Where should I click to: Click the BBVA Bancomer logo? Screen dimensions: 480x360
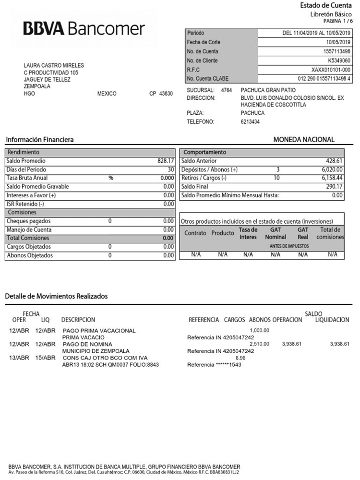coord(84,29)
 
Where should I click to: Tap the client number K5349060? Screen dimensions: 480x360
coord(339,60)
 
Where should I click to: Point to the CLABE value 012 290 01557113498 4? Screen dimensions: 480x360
coord(324,78)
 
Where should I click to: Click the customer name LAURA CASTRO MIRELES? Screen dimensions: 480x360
coord(54,66)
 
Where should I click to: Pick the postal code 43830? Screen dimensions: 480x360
coord(166,94)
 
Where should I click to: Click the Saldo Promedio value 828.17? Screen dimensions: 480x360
coord(165,161)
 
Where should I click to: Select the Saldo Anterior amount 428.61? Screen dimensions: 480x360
coord(334,161)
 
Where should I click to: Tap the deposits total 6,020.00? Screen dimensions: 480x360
coord(332,169)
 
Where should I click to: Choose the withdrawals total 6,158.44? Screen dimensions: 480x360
coord(332,178)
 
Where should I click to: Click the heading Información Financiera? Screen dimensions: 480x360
coord(40,140)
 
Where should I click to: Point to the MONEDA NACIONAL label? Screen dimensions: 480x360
coord(304,140)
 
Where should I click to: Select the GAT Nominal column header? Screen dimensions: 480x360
coord(275,233)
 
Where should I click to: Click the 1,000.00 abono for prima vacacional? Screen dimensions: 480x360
coord(259,330)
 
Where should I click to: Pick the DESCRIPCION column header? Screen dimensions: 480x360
coord(78,320)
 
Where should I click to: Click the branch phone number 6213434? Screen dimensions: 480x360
coord(250,122)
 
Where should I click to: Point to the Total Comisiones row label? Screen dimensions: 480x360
coord(28,238)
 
